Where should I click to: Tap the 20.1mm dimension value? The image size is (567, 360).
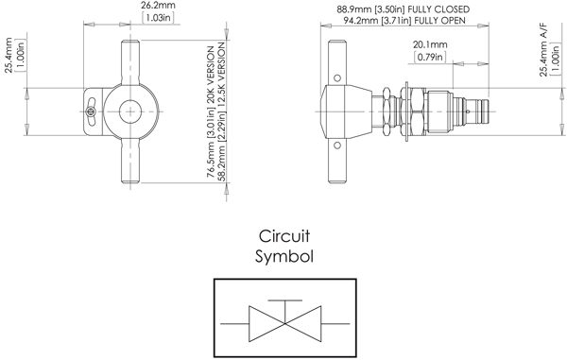[430, 44]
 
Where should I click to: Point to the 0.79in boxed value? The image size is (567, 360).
[430, 58]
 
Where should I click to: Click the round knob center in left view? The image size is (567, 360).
[129, 110]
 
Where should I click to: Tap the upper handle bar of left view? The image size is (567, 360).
[129, 60]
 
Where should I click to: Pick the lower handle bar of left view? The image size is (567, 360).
[129, 162]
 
